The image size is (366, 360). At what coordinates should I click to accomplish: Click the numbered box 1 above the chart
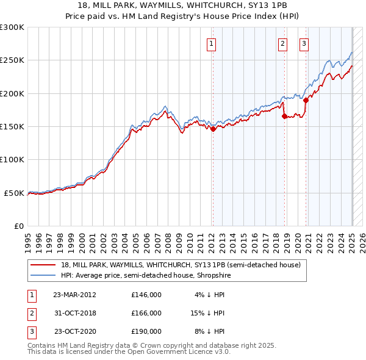coord(211,43)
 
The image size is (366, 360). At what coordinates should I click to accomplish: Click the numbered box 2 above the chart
coord(283,43)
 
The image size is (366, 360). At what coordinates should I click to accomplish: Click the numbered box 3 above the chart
coord(304,43)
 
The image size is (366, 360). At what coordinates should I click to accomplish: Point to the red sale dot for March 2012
coord(213,129)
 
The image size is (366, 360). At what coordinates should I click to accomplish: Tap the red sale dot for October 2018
coord(284,116)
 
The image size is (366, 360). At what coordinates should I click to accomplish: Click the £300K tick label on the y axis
coord(12,27)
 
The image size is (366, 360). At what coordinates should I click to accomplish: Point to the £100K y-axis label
coord(12,159)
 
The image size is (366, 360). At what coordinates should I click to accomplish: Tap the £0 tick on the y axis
coord(18,226)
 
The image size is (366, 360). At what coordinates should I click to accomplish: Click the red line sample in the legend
coord(44,265)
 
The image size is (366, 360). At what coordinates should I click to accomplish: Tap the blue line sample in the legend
coord(44,276)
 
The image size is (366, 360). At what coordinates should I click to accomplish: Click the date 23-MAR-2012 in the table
coord(74,295)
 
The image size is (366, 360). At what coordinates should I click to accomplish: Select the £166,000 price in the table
coord(146,313)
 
